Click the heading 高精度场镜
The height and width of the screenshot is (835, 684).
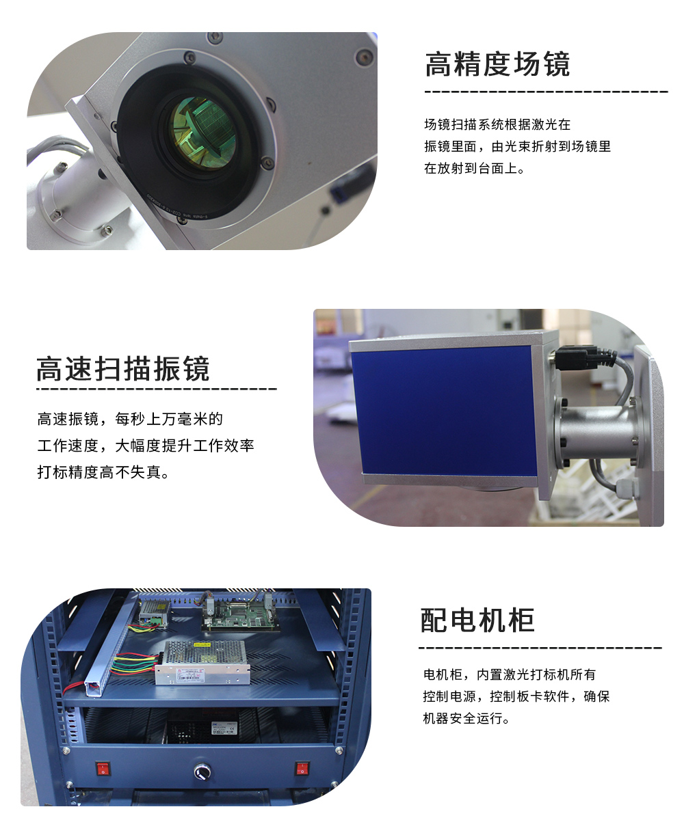497,64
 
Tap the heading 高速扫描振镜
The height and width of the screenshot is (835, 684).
123,368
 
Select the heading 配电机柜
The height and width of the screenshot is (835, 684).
477,620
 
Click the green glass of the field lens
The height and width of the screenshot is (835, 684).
202,133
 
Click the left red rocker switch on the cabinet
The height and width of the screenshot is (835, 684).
103,769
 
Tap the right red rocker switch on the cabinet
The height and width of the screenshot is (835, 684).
302,768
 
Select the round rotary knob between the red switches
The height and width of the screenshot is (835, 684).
202,771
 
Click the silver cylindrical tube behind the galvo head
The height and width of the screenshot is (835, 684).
597,431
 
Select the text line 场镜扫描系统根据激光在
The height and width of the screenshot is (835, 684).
497,125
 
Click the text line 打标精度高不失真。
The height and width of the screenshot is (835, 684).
104,472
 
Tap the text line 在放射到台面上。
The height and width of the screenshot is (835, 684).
475,169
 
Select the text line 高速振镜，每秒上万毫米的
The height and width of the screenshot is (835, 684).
130,419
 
